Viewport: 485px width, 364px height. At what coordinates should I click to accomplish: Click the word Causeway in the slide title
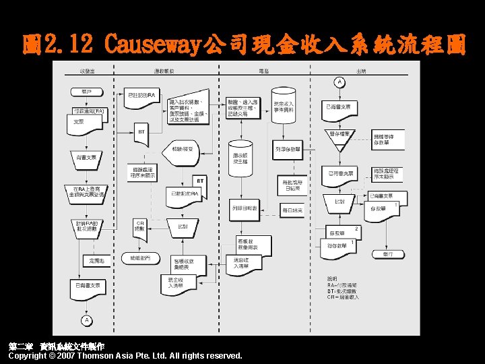pos(152,45)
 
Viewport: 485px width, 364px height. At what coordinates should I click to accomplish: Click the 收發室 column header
pos(86,71)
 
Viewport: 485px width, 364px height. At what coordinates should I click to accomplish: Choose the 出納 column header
pos(362,71)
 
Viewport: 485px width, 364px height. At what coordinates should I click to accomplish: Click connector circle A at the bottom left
pos(86,318)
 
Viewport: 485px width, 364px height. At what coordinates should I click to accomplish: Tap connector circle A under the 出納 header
pos(339,82)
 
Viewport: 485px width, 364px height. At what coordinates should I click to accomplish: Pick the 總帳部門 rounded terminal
pos(141,258)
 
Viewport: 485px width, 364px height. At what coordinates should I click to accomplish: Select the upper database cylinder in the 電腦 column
pos(284,104)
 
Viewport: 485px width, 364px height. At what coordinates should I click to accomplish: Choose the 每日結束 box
pos(292,210)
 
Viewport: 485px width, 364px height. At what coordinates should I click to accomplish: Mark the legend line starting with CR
pos(343,297)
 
